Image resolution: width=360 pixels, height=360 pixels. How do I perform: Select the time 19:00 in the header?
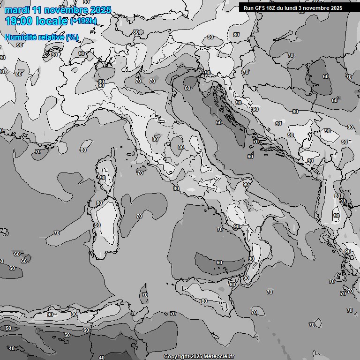(x=19, y=21)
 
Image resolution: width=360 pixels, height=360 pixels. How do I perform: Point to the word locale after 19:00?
(x=51, y=21)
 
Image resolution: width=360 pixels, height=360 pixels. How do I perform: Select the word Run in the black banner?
(x=248, y=8)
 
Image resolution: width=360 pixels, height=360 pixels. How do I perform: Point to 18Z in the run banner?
(x=271, y=8)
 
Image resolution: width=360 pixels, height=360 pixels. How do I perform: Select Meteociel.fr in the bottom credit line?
(x=220, y=357)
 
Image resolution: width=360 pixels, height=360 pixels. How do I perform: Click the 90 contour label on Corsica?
(x=103, y=178)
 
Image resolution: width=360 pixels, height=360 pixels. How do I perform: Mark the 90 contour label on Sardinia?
(x=97, y=225)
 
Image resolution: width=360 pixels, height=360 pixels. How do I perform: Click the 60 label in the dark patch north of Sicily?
(x=219, y=262)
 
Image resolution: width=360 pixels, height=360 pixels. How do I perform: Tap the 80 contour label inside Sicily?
(x=204, y=301)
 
